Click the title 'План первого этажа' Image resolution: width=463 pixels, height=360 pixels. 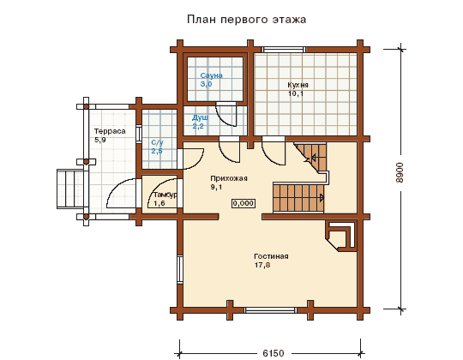point(247,20)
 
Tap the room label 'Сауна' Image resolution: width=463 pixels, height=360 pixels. point(212,75)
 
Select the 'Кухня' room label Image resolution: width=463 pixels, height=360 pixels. point(298,85)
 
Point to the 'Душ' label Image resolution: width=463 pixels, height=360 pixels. point(200,117)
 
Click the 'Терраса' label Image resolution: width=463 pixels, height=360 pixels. point(110,131)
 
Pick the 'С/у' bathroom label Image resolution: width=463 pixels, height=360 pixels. point(157,143)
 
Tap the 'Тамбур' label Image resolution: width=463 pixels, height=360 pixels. point(165,195)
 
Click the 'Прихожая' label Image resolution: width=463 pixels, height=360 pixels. point(229,178)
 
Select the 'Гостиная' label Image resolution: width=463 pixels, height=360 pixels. point(271,256)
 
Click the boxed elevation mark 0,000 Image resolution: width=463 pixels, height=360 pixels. point(244,203)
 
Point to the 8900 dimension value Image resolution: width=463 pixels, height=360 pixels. point(400,172)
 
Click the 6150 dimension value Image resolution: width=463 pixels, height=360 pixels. point(274,353)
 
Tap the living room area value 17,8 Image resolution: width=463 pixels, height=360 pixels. point(262,265)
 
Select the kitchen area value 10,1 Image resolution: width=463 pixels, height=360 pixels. point(296,93)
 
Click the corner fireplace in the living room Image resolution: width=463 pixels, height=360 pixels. point(341,236)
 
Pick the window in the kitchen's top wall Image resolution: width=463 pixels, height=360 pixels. point(284,50)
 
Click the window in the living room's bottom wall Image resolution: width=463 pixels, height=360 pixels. point(270,310)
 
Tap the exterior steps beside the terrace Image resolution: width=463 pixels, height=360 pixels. point(70,189)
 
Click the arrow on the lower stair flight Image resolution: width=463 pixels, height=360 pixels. point(322,198)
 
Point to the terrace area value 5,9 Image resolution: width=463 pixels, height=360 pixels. point(100,140)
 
